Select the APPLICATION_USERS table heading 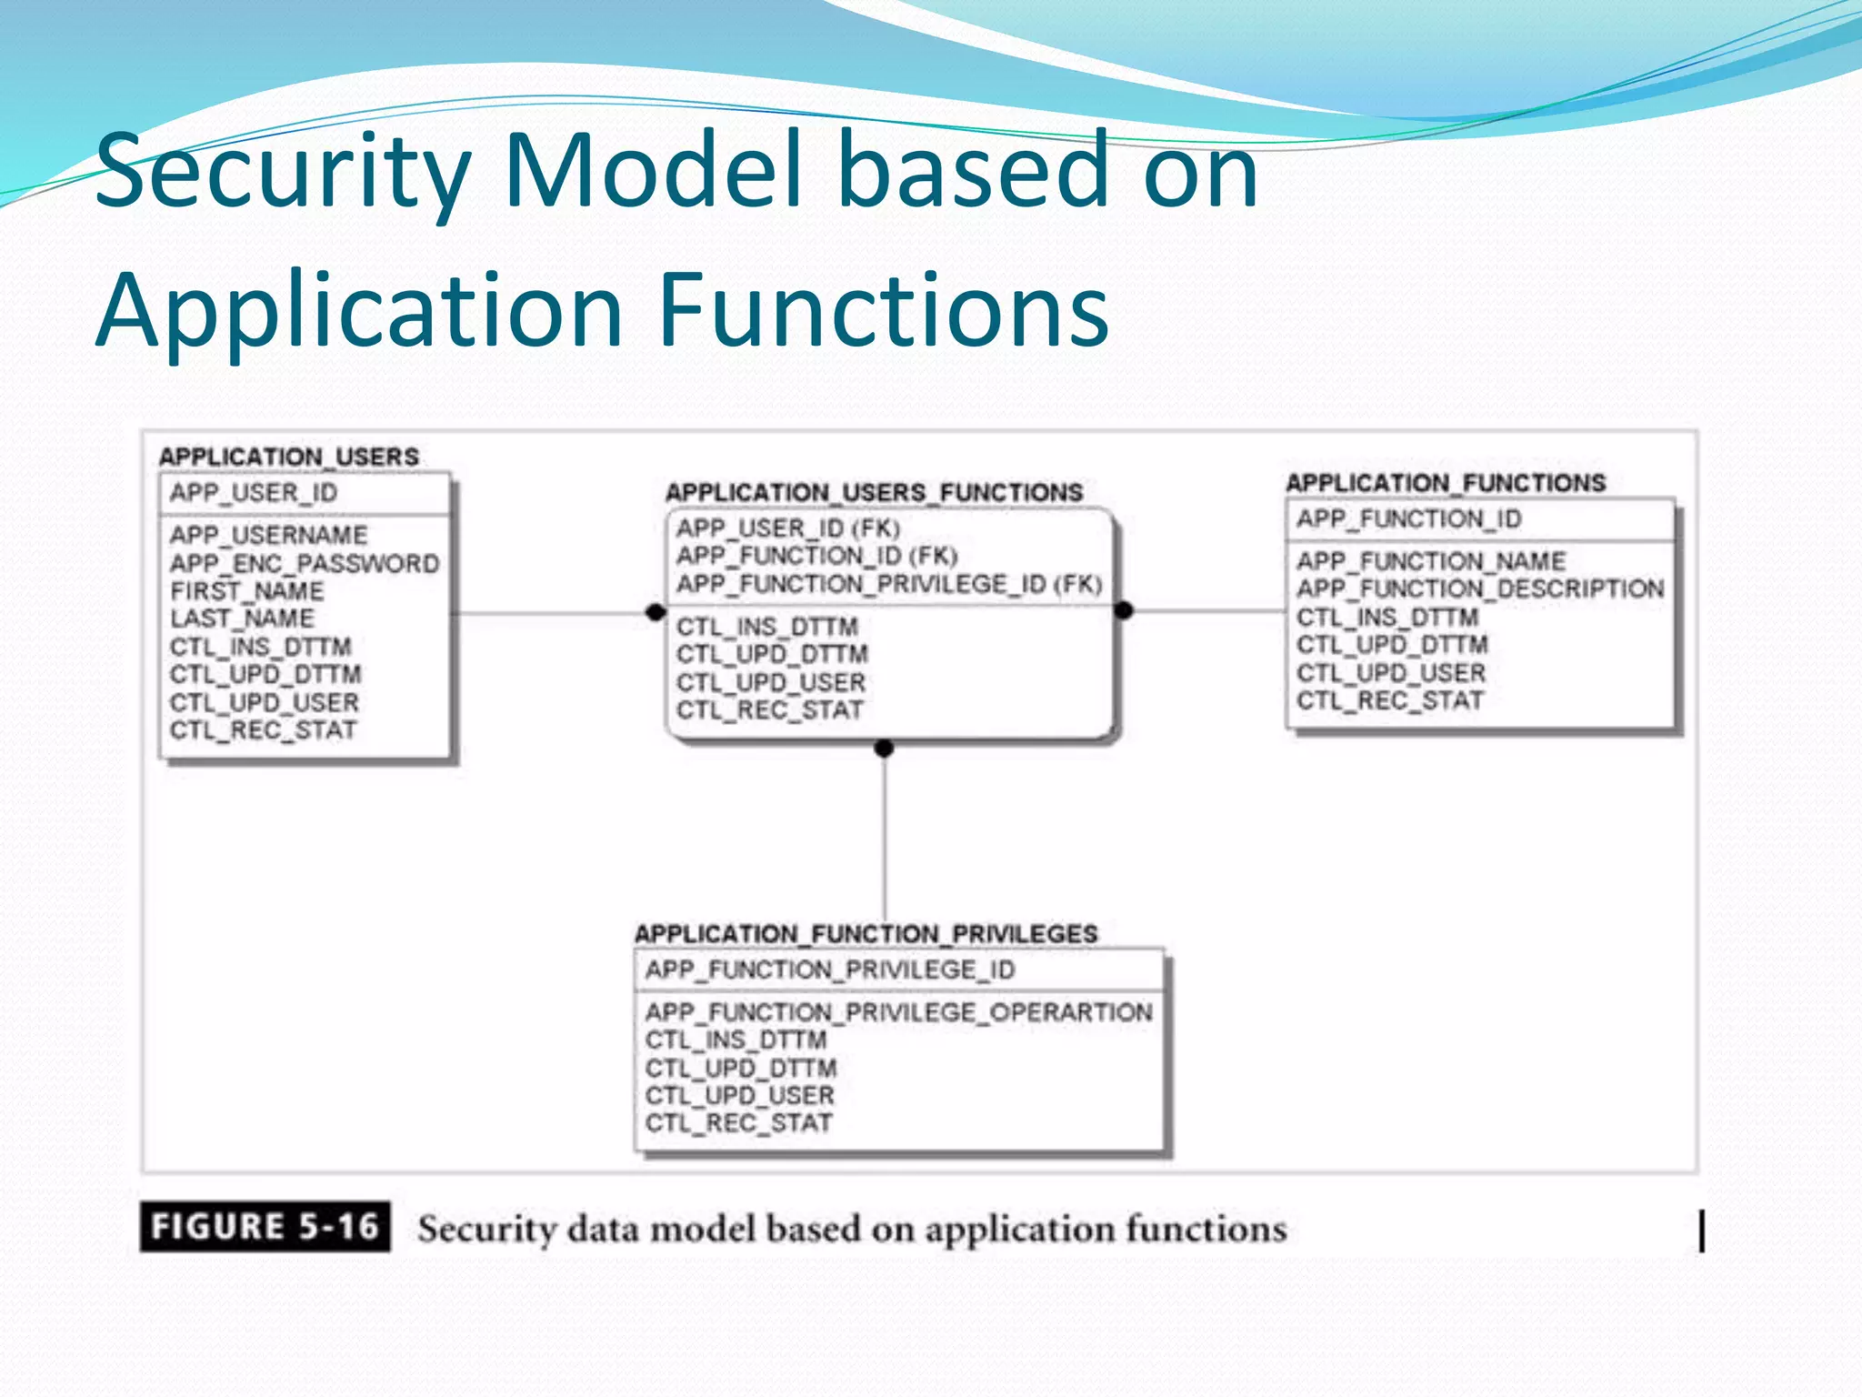click(289, 457)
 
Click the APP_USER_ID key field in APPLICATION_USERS click(254, 493)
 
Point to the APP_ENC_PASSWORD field click(304, 564)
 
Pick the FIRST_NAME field click(246, 591)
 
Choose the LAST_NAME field click(242, 618)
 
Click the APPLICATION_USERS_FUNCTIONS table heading click(874, 493)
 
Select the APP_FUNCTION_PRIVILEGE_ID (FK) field click(888, 584)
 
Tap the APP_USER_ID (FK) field click(787, 528)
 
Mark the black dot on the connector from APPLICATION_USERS click(655, 612)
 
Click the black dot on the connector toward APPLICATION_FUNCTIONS click(1124, 610)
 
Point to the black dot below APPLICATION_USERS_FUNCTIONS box click(884, 749)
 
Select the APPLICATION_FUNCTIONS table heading click(1446, 483)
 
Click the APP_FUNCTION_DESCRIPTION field click(1480, 589)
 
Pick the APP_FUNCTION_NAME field click(1431, 561)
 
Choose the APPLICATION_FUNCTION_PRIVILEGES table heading click(866, 934)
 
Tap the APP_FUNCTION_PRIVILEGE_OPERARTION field click(898, 1012)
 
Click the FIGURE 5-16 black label click(265, 1227)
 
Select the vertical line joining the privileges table click(885, 846)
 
